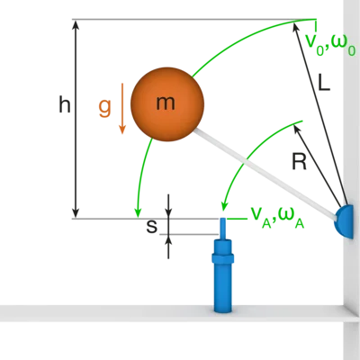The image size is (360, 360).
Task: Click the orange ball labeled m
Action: [x=167, y=104]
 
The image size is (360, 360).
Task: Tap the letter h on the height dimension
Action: [x=65, y=105]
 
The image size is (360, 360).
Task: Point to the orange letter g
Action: [x=105, y=108]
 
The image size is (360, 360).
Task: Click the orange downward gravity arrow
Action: [x=122, y=108]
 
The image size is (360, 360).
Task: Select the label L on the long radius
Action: [x=324, y=82]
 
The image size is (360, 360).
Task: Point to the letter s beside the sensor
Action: [x=152, y=227]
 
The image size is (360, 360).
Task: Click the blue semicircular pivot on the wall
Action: [x=345, y=221]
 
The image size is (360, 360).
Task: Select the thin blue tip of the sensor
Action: [x=223, y=228]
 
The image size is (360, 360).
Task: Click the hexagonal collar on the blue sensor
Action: [x=222, y=258]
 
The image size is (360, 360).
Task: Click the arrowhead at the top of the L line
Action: [x=295, y=27]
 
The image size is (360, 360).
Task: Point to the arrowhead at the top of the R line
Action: [x=296, y=130]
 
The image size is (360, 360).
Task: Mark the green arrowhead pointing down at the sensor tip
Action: [x=223, y=206]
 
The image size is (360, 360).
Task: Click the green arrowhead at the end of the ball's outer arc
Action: [x=138, y=212]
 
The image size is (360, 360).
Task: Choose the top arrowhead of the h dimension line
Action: [x=76, y=25]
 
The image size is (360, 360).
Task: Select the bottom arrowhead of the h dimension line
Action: [x=76, y=212]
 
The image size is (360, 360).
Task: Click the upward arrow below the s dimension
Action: [x=168, y=247]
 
